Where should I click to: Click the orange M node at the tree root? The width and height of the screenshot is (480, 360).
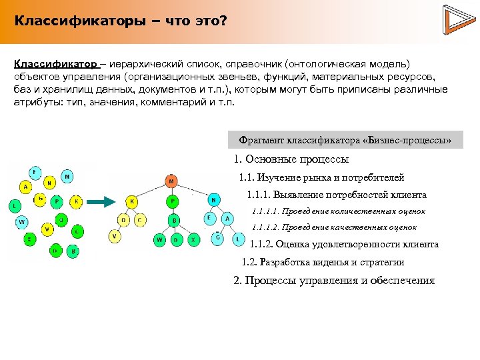click(171, 181)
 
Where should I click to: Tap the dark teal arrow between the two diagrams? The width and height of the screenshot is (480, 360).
click(102, 201)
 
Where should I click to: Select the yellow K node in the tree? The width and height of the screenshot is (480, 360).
click(132, 201)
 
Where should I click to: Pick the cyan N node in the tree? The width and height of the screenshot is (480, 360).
click(213, 199)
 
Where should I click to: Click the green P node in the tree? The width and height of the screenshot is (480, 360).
click(173, 201)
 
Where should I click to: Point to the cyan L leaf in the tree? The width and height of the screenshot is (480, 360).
click(238, 239)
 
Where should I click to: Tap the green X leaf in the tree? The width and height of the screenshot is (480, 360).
click(193, 239)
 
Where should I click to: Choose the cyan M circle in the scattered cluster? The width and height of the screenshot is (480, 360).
click(67, 177)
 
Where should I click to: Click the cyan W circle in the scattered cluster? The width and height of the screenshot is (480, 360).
click(22, 221)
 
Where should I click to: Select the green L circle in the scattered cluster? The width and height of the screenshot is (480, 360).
click(14, 206)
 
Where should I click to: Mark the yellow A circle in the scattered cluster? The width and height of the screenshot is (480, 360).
click(25, 187)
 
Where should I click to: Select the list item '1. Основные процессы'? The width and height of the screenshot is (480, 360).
click(291, 160)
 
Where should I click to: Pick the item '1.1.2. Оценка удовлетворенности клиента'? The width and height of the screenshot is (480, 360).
click(343, 245)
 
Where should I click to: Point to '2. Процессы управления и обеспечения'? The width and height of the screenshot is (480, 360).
click(334, 281)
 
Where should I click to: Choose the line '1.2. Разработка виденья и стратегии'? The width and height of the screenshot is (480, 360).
click(323, 263)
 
